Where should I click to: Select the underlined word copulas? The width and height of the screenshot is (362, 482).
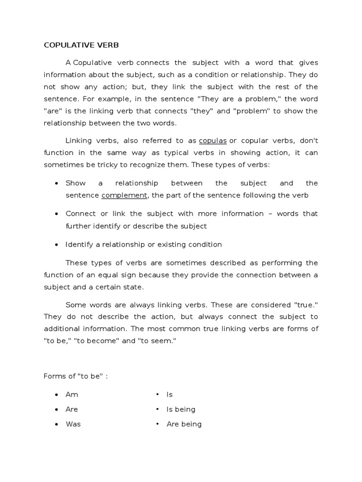213,141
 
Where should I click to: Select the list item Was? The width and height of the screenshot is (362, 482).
73,424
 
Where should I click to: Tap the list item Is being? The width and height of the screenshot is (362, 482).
181,410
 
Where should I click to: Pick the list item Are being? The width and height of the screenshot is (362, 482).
184,424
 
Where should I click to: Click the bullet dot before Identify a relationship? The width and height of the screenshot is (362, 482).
57,245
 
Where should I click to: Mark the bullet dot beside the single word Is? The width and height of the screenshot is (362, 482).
157,394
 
